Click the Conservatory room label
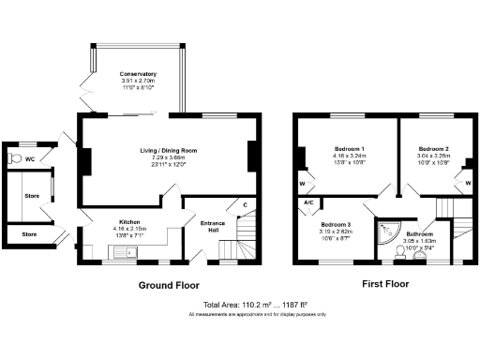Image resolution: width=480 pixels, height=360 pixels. click(x=138, y=74)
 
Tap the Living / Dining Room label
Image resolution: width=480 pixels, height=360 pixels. click(x=168, y=150)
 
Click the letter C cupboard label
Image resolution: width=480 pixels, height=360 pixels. click(x=245, y=204)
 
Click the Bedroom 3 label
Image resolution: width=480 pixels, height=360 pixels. click(x=335, y=226)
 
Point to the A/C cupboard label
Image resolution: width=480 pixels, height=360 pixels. click(x=307, y=202)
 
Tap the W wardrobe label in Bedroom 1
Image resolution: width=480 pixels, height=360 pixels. click(x=303, y=184)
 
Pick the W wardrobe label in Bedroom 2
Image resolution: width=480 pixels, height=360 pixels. click(x=467, y=184)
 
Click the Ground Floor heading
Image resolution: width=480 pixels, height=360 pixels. click(x=170, y=284)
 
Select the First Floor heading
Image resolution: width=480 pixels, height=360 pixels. click(x=385, y=282)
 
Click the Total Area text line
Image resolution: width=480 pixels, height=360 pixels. click(x=256, y=306)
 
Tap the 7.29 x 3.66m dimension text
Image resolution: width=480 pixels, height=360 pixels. click(x=168, y=157)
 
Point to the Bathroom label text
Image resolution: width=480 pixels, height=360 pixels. click(x=420, y=233)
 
